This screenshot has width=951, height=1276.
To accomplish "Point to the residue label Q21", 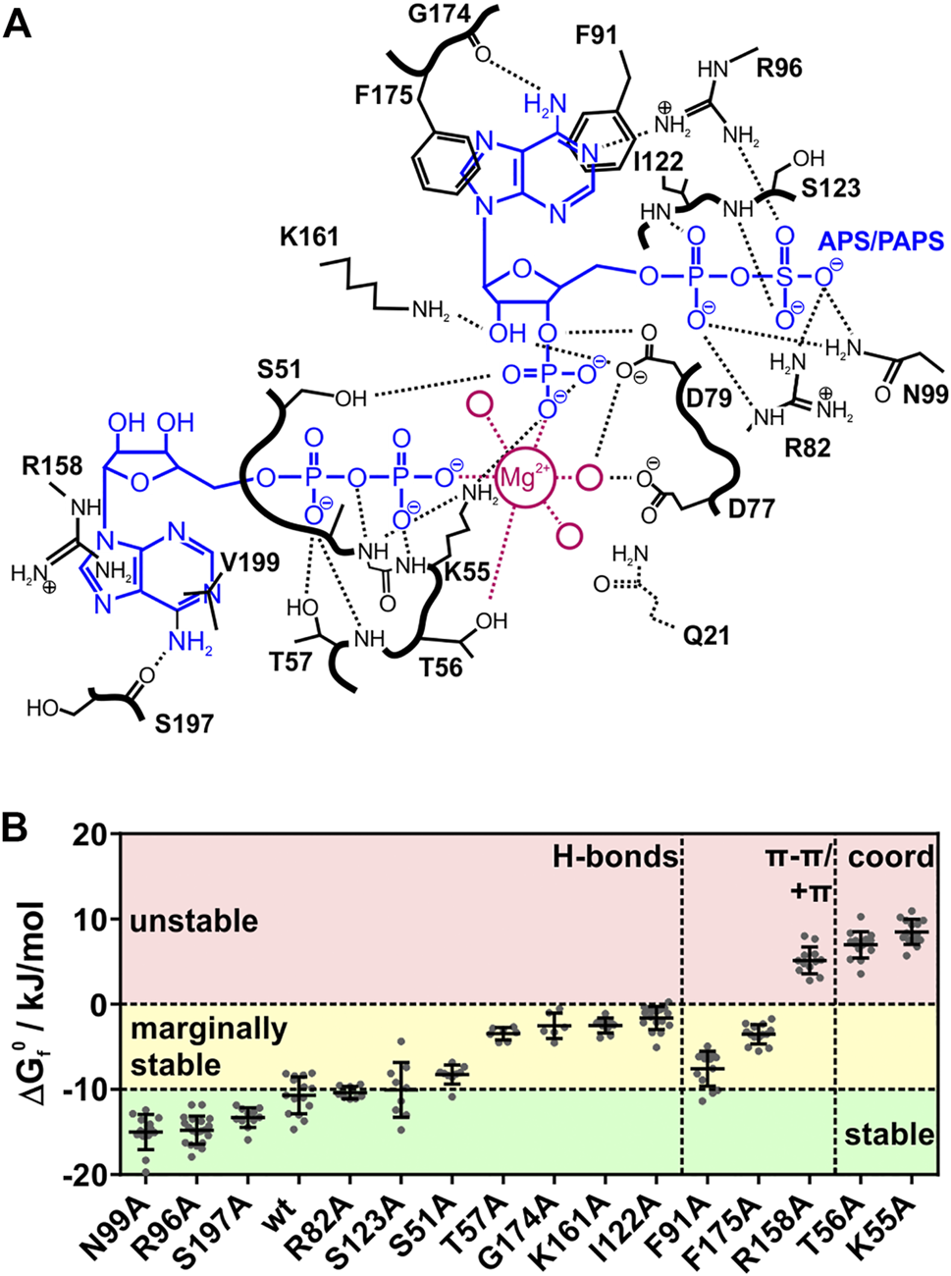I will point(707,636).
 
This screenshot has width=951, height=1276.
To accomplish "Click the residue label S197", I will point(185,724).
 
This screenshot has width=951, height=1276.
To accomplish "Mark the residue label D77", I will point(751,508).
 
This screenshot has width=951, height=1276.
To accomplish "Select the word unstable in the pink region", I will point(193,922).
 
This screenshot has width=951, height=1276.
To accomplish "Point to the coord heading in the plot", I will point(890,857).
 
